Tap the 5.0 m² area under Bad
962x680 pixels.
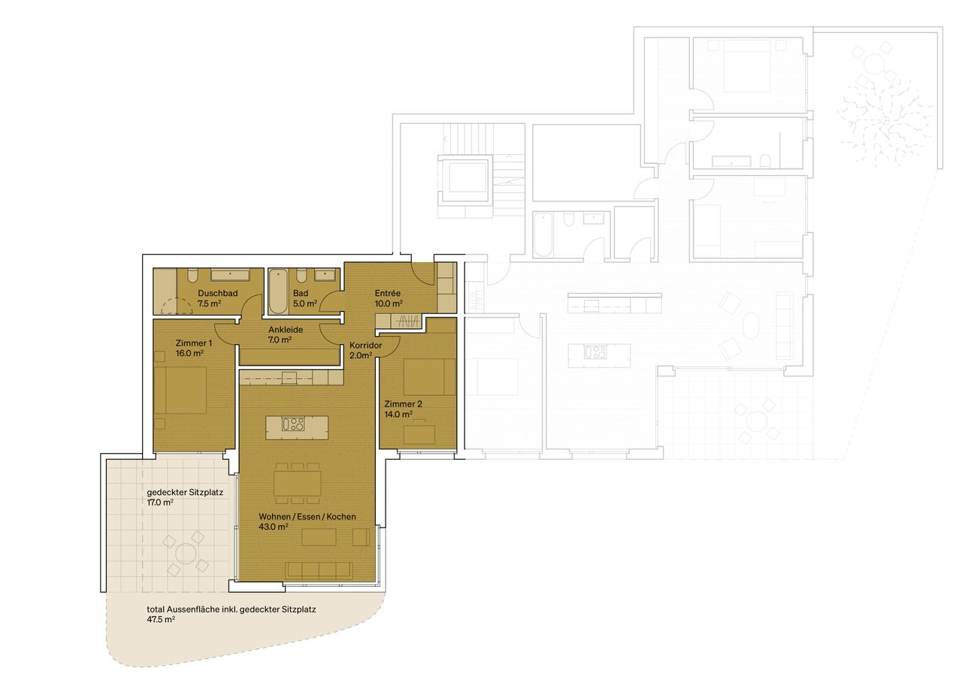coord(304,304)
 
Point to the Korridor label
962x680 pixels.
coord(366,346)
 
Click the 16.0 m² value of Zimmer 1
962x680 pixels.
coord(168,353)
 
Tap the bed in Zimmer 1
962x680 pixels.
coord(180,389)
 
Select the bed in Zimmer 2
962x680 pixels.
coord(429,376)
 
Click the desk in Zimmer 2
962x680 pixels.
coord(419,434)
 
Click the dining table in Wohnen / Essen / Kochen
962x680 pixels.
coord(297,482)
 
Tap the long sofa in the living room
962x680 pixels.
coord(319,570)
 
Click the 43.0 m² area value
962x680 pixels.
coord(274,527)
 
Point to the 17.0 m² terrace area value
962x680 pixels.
coord(160,503)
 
